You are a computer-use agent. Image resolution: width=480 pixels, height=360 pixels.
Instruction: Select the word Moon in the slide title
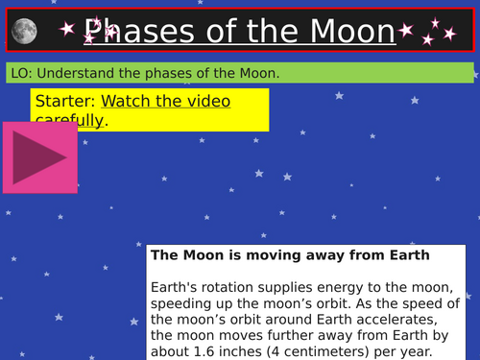pos(350,32)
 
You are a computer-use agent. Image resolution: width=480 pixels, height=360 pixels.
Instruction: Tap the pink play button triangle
pos(39,155)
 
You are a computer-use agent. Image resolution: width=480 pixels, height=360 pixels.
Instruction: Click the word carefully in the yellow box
pos(69,120)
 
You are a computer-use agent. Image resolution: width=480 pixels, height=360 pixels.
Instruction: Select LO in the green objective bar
pos(16,74)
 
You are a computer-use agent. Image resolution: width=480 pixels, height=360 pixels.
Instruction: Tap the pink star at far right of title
pos(449,34)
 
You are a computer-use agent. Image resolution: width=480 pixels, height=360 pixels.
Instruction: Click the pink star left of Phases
pos(66,30)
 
